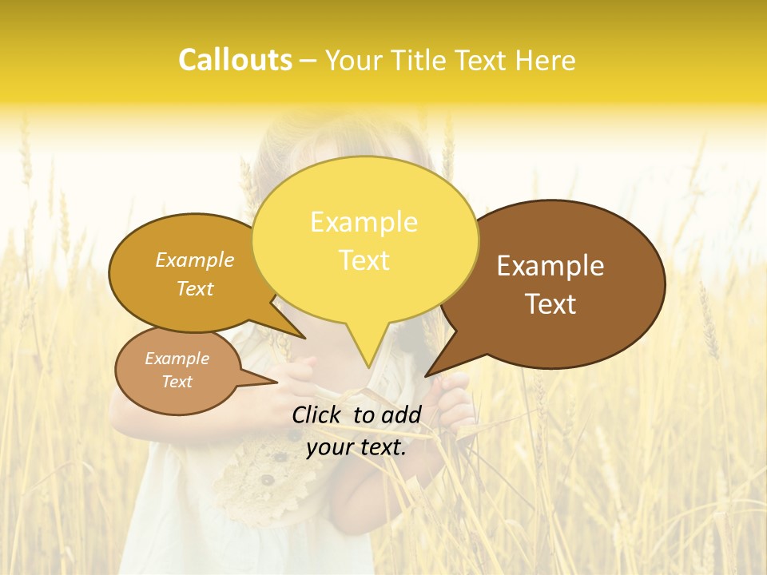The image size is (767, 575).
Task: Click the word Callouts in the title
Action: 235,60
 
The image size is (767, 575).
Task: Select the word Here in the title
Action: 545,61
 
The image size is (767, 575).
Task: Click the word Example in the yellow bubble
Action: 364,222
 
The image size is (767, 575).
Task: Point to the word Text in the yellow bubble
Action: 364,260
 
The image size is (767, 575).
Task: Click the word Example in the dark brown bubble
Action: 550,266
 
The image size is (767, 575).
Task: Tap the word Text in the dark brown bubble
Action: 550,304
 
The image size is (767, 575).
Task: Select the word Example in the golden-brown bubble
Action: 195,260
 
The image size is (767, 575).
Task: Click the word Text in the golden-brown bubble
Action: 195,288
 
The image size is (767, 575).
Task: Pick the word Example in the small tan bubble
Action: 177,359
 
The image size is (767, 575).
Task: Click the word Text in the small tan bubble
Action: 177,382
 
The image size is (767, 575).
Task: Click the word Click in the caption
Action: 317,414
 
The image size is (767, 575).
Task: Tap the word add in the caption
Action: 401,414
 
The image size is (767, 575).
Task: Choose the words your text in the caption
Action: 356,448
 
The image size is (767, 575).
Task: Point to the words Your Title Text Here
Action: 450,61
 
